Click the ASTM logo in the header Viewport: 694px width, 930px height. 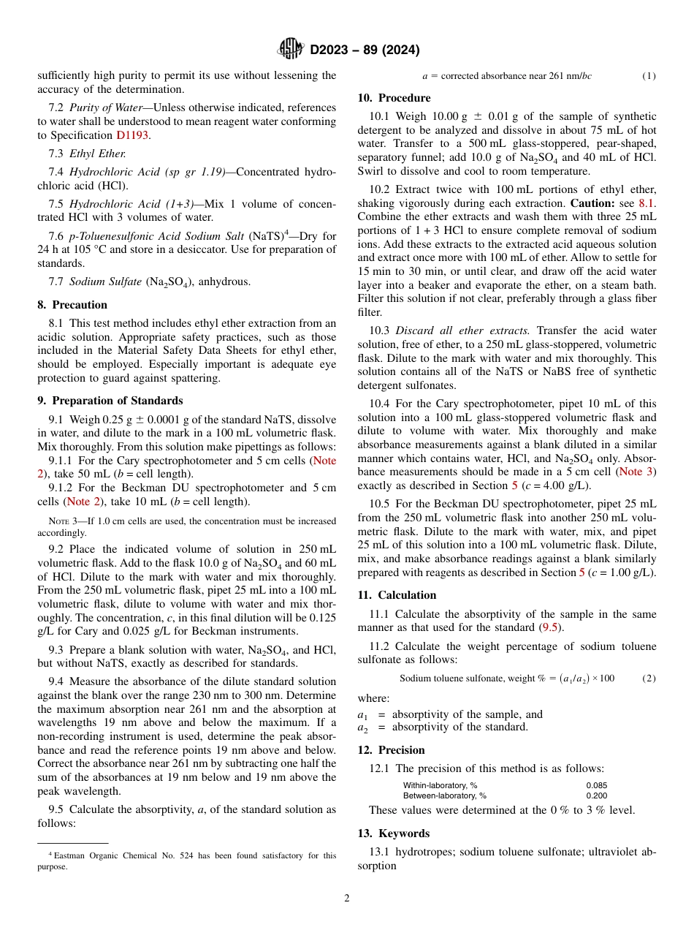tap(291, 50)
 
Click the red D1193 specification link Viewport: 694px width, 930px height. tap(132, 135)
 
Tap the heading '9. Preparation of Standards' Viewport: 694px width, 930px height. tap(110, 401)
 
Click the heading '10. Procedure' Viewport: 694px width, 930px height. tap(394, 98)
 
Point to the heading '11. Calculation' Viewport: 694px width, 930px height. tap(397, 595)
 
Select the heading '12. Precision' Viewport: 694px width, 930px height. tap(391, 750)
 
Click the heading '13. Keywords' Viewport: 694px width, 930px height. tap(393, 833)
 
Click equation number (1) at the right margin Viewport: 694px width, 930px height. tap(649, 76)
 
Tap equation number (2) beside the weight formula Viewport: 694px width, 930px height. tap(649, 678)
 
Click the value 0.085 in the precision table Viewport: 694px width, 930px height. tap(596, 785)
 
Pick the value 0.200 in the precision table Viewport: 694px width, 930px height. tap(596, 795)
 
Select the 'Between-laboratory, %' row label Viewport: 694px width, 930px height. tap(444, 795)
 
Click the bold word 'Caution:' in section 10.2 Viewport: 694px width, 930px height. tap(592, 203)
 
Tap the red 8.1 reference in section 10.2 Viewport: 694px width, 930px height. tap(646, 203)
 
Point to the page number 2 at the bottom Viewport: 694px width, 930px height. tap(347, 899)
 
